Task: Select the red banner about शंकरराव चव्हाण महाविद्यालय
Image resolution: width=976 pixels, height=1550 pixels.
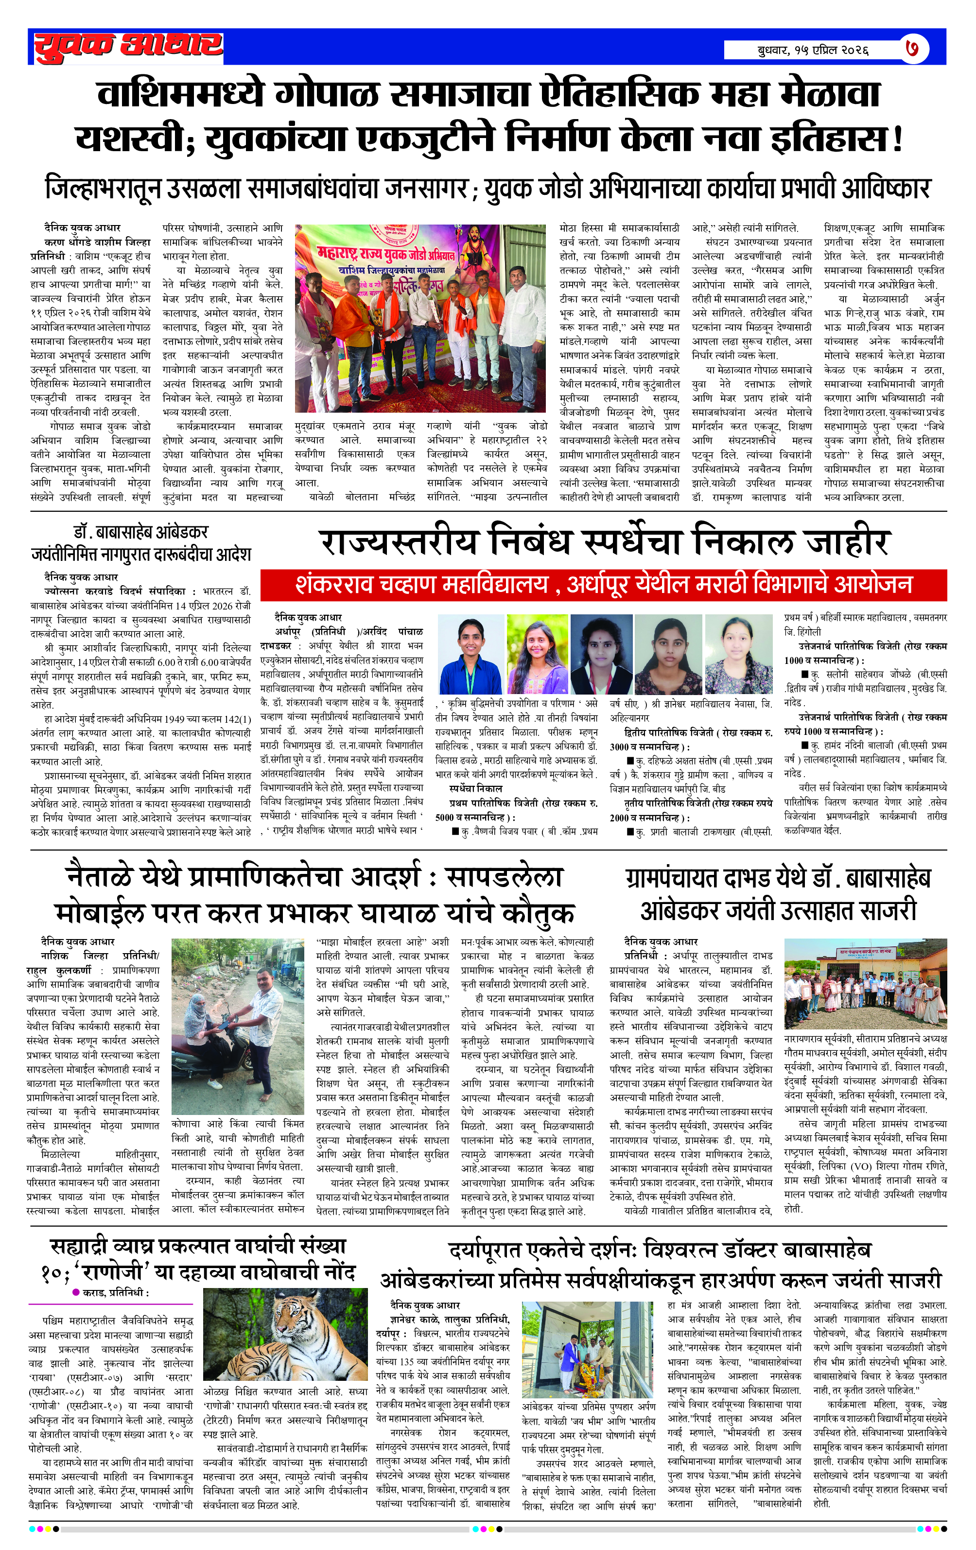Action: tap(603, 584)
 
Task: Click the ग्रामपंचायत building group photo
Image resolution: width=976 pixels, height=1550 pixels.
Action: tap(865, 984)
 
